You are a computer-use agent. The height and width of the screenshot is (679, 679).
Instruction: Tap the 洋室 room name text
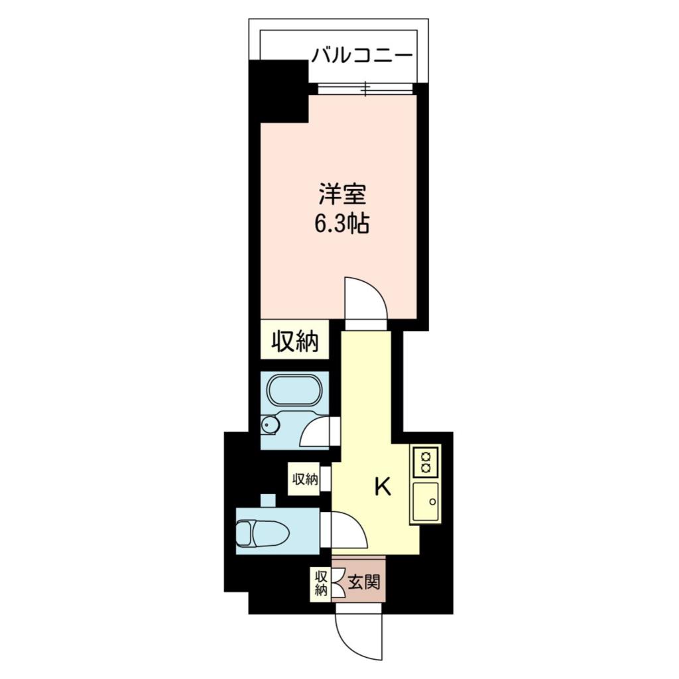pyautogui.click(x=341, y=196)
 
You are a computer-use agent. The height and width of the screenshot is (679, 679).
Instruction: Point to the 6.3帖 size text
pyautogui.click(x=341, y=223)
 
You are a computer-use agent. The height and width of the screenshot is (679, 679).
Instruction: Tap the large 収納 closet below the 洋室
pyautogui.click(x=295, y=341)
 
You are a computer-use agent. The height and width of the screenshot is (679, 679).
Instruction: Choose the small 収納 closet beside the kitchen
pyautogui.click(x=304, y=479)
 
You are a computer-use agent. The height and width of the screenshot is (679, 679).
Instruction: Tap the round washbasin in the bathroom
pyautogui.click(x=269, y=425)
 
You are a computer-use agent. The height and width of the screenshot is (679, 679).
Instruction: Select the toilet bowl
pyautogui.click(x=262, y=531)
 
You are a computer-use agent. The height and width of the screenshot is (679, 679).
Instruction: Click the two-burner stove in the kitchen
pyautogui.click(x=424, y=461)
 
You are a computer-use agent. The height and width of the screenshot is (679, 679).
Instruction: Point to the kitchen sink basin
pyautogui.click(x=424, y=501)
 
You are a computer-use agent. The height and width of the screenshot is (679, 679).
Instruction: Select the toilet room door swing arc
pyautogui.click(x=348, y=530)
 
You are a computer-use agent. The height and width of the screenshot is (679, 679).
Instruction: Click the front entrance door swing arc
pyautogui.click(x=358, y=637)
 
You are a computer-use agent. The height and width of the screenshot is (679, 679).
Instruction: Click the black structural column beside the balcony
pyautogui.click(x=278, y=90)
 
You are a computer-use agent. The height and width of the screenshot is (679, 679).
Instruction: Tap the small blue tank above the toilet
pyautogui.click(x=267, y=500)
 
